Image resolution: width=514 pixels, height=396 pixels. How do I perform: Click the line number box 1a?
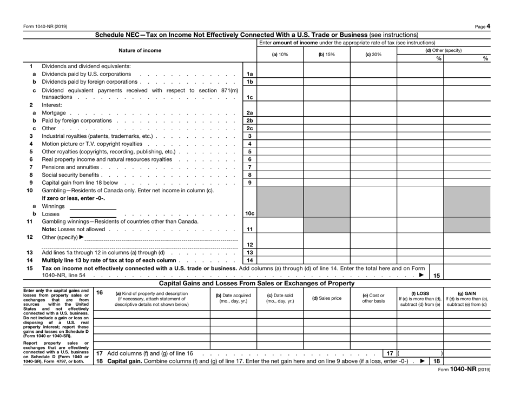tap(249, 72)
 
